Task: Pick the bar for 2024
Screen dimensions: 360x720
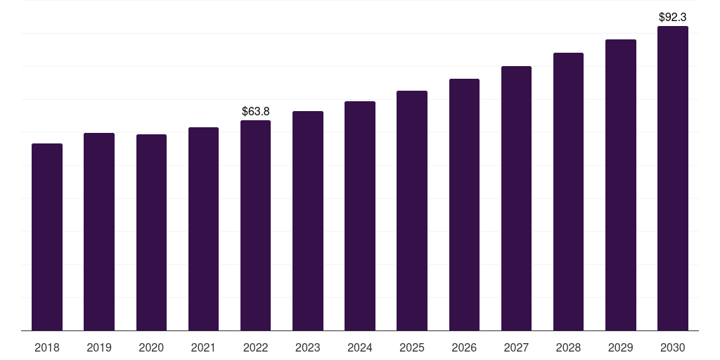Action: click(x=360, y=216)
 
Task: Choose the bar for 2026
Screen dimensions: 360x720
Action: click(x=464, y=205)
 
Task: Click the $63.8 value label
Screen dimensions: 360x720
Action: click(x=256, y=111)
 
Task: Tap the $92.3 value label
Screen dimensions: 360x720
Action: click(x=673, y=16)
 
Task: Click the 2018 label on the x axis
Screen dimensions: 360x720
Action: click(x=47, y=347)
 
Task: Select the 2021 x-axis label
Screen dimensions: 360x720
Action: click(x=203, y=347)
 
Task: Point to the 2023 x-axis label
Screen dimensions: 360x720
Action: click(x=308, y=347)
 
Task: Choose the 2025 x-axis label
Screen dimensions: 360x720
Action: click(x=412, y=347)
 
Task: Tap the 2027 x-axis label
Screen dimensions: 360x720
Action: click(x=516, y=347)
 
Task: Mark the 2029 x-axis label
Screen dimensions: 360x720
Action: click(x=621, y=347)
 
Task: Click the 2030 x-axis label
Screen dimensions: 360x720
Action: click(x=673, y=347)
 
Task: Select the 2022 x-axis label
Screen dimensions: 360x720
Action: click(x=255, y=347)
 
